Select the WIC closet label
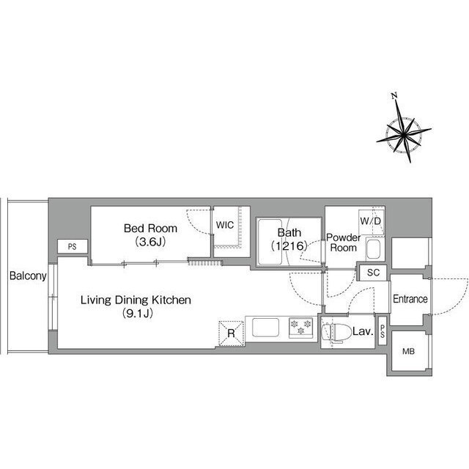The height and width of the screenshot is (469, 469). click(x=226, y=225)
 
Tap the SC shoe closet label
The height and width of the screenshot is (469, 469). click(x=372, y=272)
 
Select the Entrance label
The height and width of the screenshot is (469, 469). click(x=410, y=299)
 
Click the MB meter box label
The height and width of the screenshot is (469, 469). click(x=407, y=352)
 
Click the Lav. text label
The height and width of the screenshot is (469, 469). click(x=363, y=333)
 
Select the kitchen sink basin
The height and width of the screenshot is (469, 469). click(x=266, y=327)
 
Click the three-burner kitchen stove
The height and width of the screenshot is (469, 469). click(x=300, y=327)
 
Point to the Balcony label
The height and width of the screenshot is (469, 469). click(x=28, y=276)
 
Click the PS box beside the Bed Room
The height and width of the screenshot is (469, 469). click(x=72, y=247)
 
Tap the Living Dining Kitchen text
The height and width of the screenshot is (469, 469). click(x=136, y=300)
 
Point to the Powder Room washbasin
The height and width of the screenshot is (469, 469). click(x=372, y=251)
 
